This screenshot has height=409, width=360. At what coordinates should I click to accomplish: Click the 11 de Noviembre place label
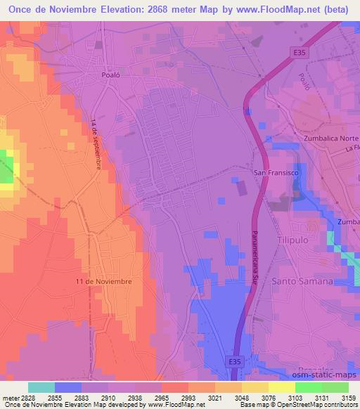coord(103,280)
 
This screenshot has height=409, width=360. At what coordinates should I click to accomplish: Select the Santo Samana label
coord(306,281)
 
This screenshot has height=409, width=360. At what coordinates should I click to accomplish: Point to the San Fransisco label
coord(278,172)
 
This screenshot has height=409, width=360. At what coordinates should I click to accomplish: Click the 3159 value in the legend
coord(340,397)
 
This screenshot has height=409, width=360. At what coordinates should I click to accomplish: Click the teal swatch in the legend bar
coord(41,387)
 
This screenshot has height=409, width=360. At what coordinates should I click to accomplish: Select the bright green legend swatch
coord(308,387)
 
